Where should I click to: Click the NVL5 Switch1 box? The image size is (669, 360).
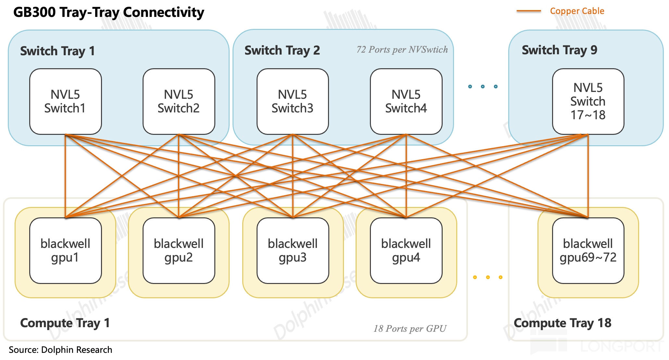point(65,101)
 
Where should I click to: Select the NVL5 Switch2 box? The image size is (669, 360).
point(179,101)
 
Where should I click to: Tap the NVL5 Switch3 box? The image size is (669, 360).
point(293,101)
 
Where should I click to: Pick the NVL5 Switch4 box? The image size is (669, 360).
point(406,101)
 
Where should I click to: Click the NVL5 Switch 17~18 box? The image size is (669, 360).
point(588,101)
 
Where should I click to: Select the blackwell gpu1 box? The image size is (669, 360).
point(65,251)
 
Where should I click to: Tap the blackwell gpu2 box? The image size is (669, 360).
point(179,251)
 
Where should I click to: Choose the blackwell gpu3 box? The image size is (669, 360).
point(293,251)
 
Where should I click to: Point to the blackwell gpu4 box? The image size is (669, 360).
point(406,251)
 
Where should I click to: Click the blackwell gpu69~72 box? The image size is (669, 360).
point(588,251)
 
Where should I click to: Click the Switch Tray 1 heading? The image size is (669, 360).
point(57,51)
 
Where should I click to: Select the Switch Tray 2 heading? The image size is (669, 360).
point(282,50)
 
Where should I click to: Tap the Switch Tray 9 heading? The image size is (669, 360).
point(560,50)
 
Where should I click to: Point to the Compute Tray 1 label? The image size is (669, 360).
point(65,323)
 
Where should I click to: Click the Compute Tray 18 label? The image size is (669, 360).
point(562,323)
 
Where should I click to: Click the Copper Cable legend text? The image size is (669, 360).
point(577,11)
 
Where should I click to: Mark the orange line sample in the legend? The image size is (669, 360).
point(529,11)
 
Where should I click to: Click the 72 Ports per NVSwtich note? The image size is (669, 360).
point(402,49)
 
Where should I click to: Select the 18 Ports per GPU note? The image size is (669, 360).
point(410,328)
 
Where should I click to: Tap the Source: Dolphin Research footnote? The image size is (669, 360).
point(60,350)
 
